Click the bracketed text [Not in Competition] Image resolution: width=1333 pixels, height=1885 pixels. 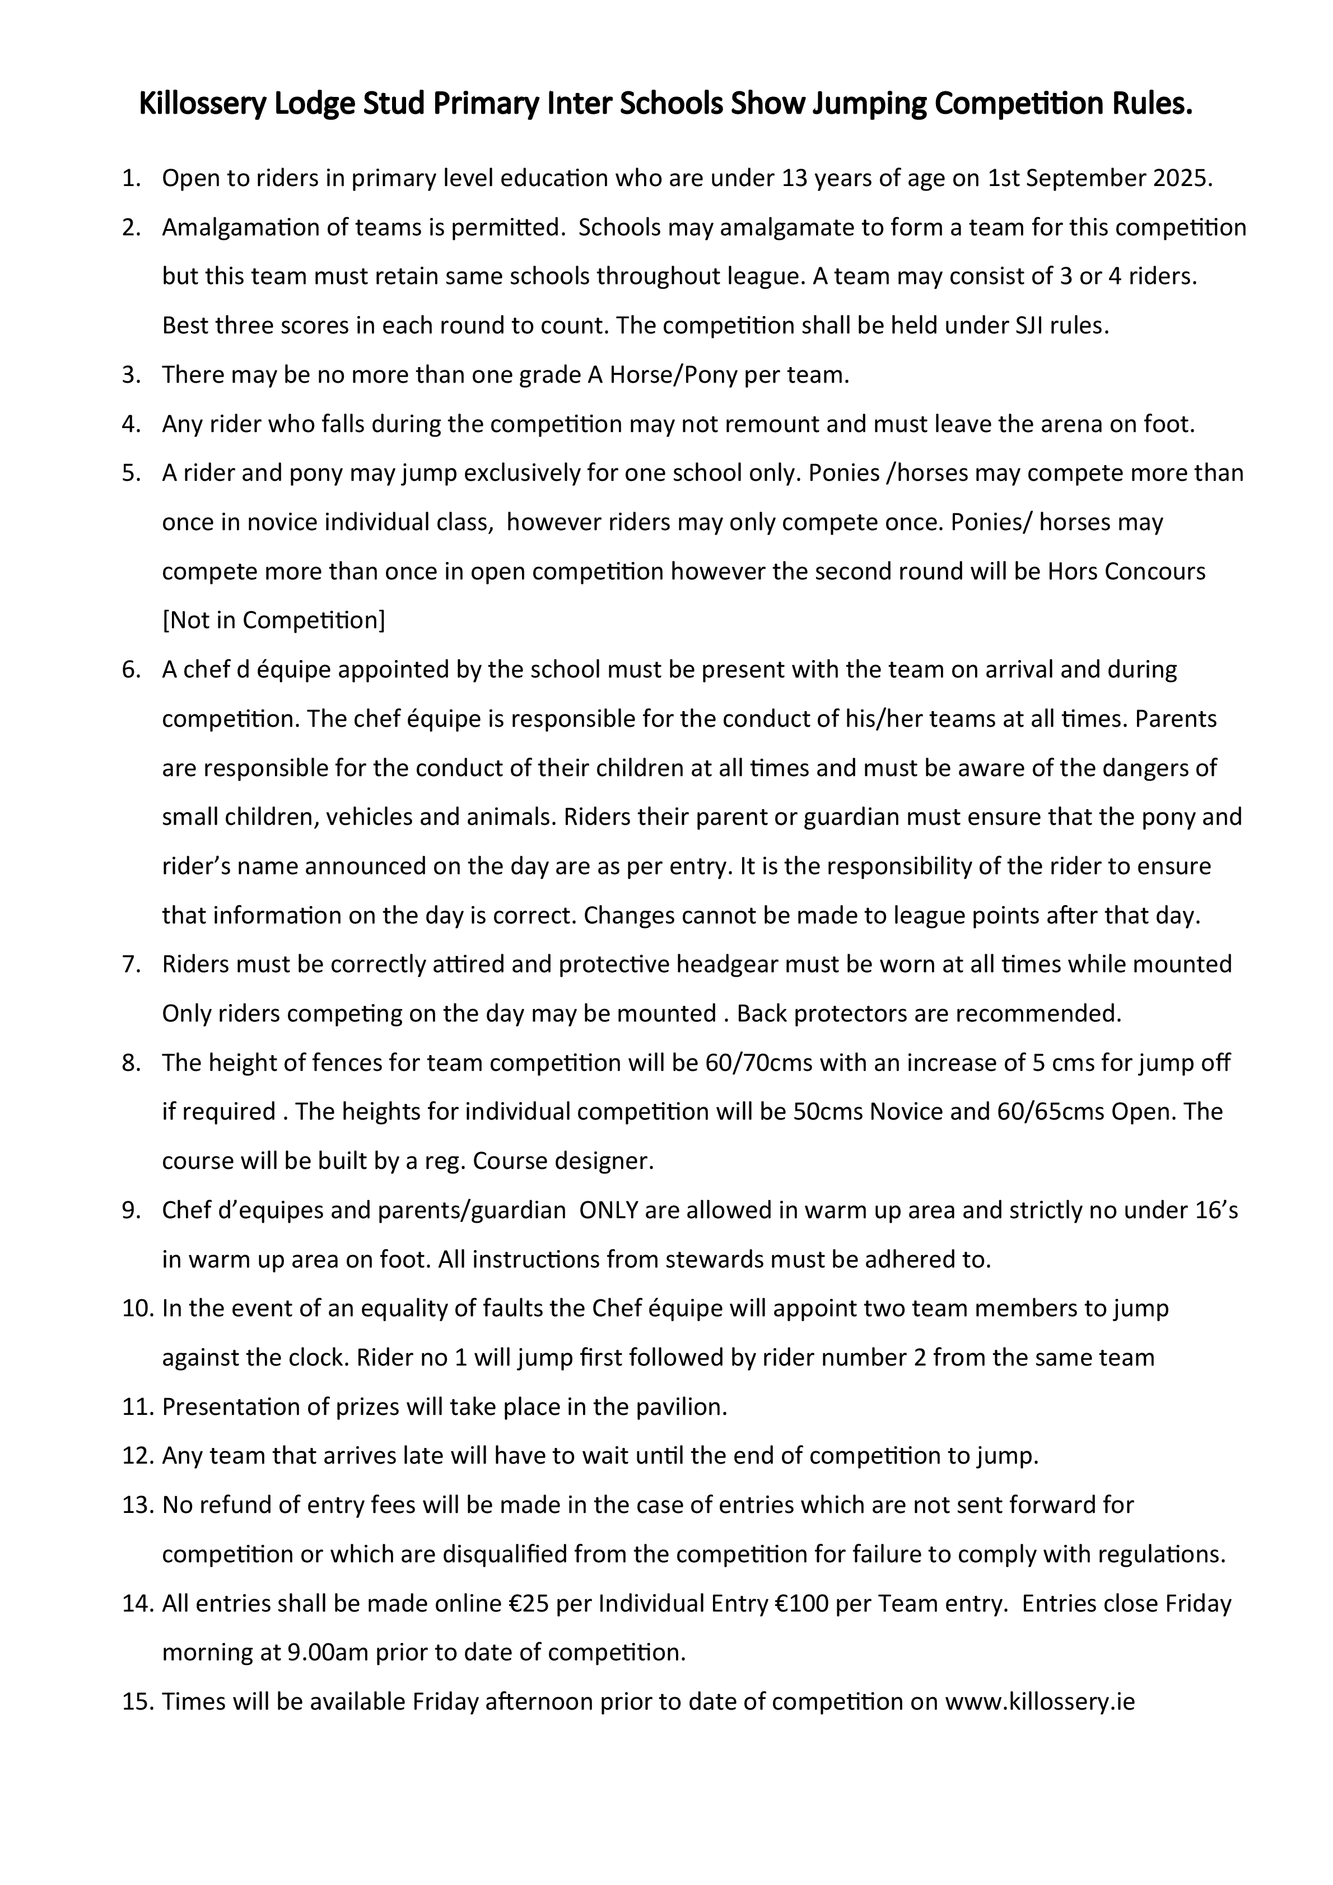pyautogui.click(x=273, y=621)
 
